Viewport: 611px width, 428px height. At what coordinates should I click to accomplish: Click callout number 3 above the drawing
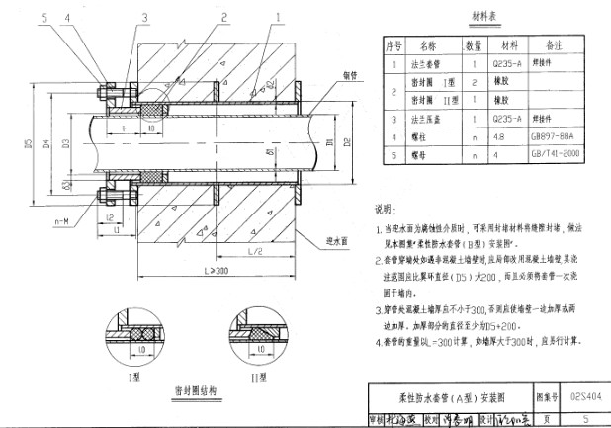click(144, 17)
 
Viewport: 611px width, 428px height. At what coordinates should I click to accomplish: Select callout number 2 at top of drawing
click(226, 17)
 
